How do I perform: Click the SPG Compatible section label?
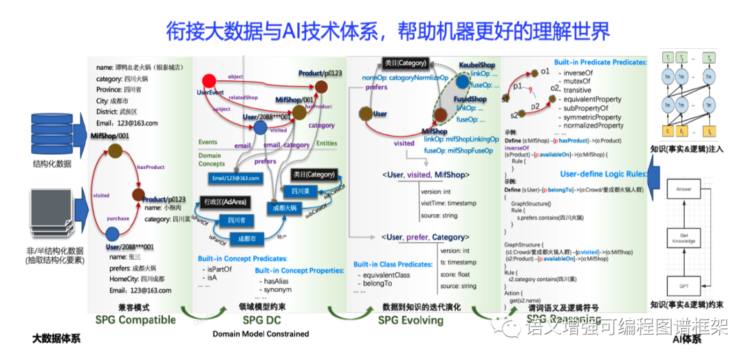135,320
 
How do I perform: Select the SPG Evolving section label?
411,320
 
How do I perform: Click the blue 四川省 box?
230,220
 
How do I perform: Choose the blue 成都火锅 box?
284,208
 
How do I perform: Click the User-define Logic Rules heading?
604,174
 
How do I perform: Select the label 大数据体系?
56,339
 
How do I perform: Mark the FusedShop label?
471,100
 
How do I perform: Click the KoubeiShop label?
477,65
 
